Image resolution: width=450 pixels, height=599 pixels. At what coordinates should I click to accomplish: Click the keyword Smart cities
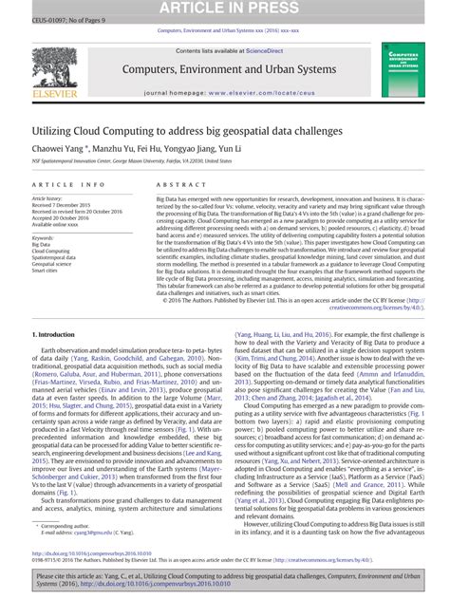tap(46, 270)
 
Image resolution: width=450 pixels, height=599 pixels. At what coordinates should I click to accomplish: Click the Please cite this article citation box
tap(224, 581)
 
